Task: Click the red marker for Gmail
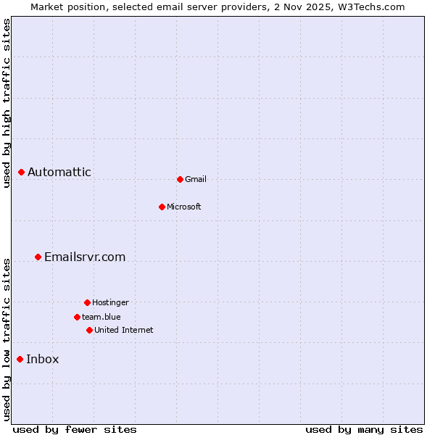click(180, 179)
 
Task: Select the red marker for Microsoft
click(162, 207)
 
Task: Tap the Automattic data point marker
click(22, 172)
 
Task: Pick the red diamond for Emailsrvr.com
click(38, 257)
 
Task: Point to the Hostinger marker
click(87, 302)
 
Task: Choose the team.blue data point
click(77, 317)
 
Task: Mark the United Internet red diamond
click(89, 330)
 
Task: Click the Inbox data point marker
click(20, 359)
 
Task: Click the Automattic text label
click(59, 172)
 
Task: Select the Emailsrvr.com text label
click(85, 257)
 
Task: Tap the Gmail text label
click(196, 179)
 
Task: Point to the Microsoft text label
click(184, 207)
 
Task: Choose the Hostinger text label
click(110, 302)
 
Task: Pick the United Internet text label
click(124, 330)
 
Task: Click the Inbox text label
click(43, 359)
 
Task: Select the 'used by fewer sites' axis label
click(75, 429)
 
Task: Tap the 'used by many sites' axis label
click(364, 429)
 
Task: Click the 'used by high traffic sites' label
click(7, 103)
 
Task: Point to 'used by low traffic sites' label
click(7, 339)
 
